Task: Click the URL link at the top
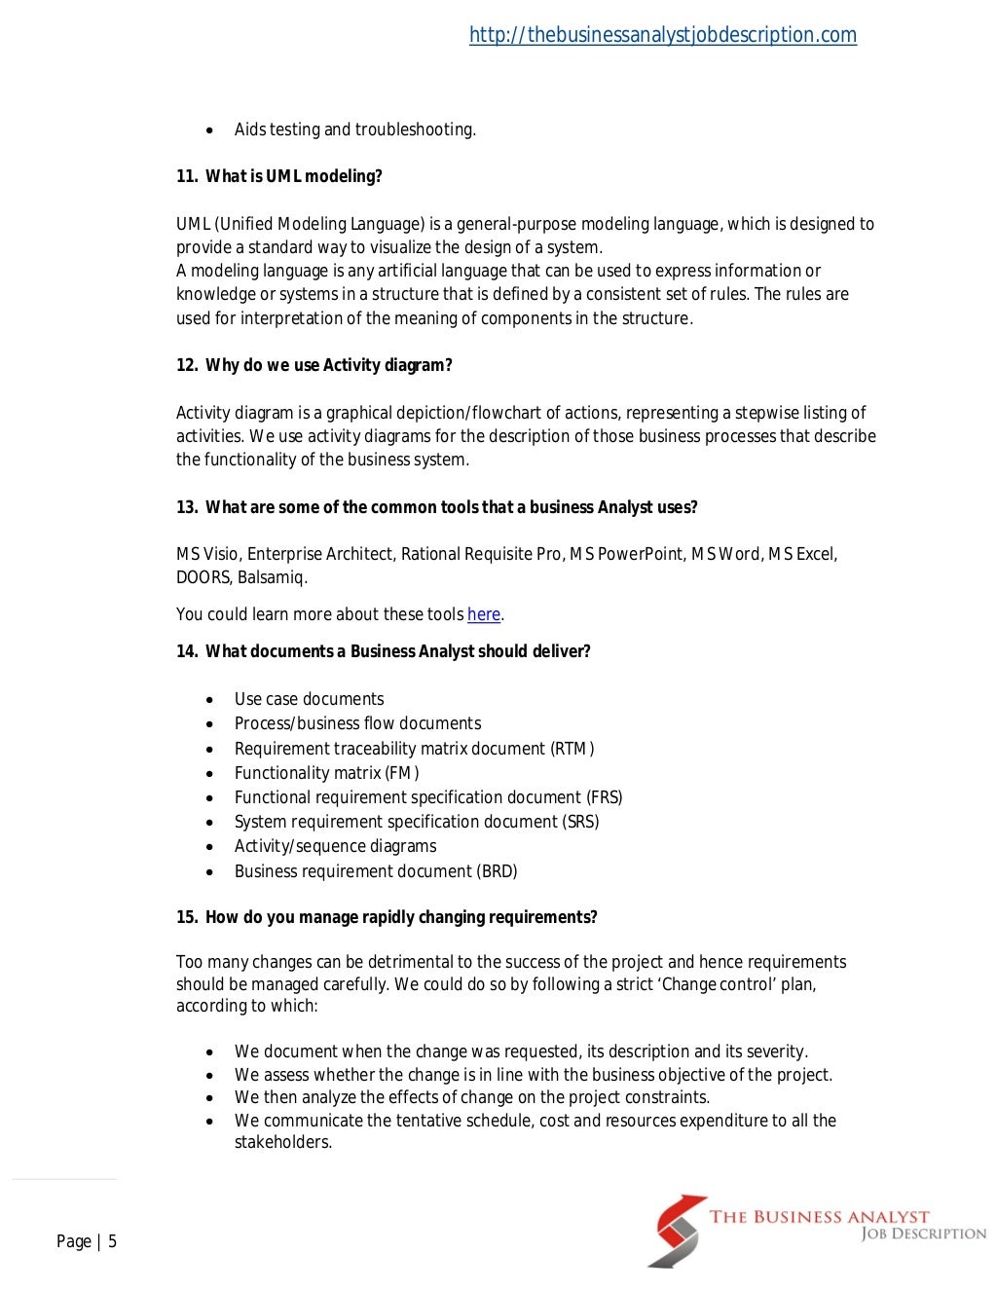pyautogui.click(x=662, y=35)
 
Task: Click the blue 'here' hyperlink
pyautogui.click(x=483, y=614)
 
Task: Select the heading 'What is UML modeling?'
pyautogui.click(x=293, y=176)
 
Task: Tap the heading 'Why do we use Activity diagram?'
pyautogui.click(x=328, y=365)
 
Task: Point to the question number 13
pyautogui.click(x=186, y=507)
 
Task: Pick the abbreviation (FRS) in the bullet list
pyautogui.click(x=604, y=797)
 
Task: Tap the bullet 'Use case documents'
pyautogui.click(x=309, y=699)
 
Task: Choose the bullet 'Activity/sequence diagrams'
pyautogui.click(x=335, y=846)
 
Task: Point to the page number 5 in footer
pyautogui.click(x=112, y=1241)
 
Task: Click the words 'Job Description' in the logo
pyautogui.click(x=923, y=1235)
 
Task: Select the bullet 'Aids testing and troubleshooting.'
pyautogui.click(x=354, y=129)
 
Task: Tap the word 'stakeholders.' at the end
pyautogui.click(x=283, y=1142)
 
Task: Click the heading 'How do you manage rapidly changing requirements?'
pyautogui.click(x=400, y=917)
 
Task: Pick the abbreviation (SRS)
pyautogui.click(x=580, y=822)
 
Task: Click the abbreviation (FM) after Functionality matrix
pyautogui.click(x=402, y=773)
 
